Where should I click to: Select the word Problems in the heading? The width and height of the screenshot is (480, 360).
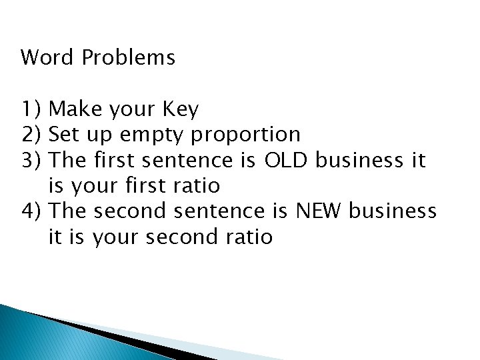tap(129, 59)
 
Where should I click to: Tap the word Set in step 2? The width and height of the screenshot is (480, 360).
tap(64, 135)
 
